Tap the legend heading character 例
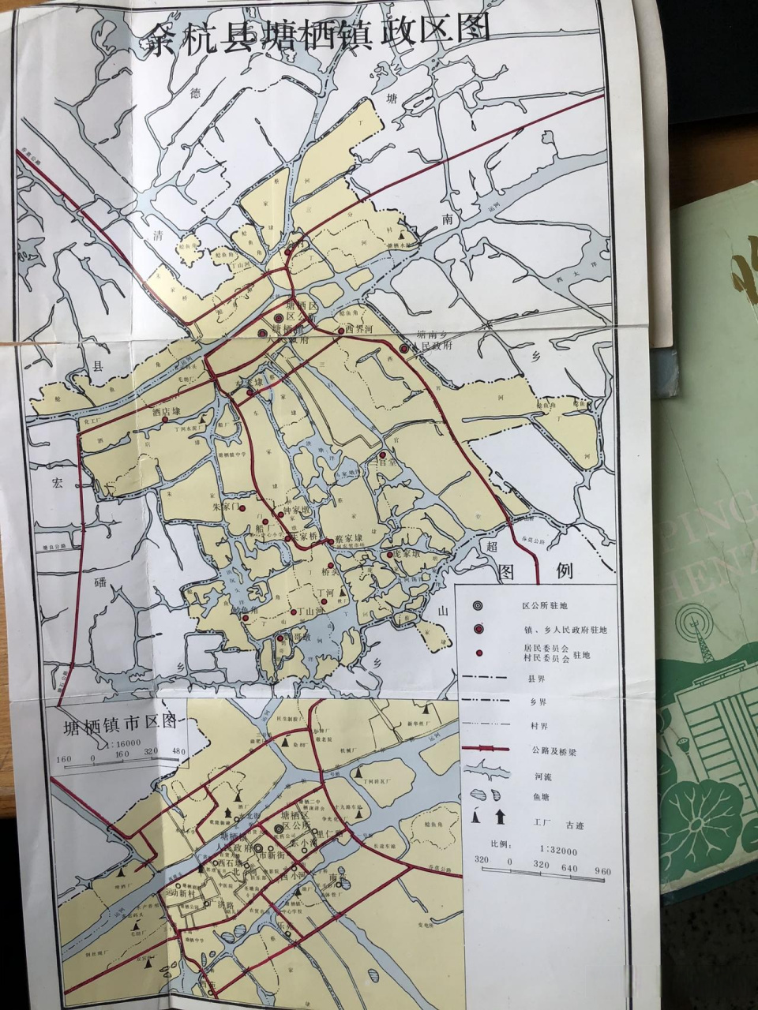[x=564, y=570]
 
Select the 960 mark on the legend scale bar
[x=602, y=871]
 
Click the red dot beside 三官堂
[x=383, y=455]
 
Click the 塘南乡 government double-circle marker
[x=404, y=348]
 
